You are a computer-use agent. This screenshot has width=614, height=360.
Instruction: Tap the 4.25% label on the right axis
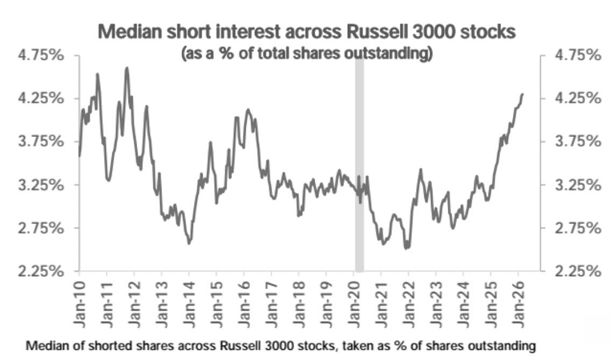(576, 98)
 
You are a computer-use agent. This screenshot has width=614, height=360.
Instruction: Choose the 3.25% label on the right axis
(576, 185)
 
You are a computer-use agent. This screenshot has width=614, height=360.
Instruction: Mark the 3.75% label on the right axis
(576, 142)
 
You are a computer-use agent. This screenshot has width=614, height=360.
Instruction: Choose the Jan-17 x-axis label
(272, 305)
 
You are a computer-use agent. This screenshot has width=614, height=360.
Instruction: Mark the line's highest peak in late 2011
(127, 68)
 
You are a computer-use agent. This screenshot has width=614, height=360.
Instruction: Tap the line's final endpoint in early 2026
(523, 94)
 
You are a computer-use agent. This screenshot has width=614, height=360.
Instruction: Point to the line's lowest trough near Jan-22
(406, 248)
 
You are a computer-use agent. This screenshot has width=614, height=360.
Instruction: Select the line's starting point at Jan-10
(80, 155)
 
